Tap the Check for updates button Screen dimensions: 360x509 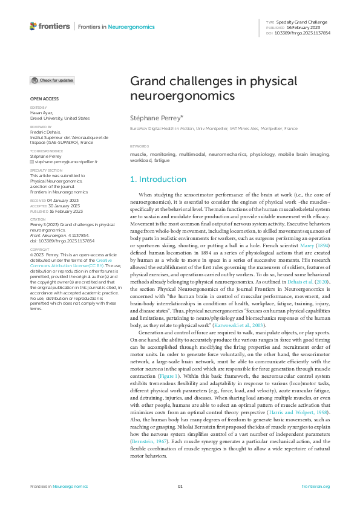click(x=53, y=80)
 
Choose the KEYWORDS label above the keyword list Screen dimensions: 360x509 click(x=140, y=147)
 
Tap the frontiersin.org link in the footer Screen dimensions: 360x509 click(x=315, y=487)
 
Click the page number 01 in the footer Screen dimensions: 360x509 click(x=180, y=487)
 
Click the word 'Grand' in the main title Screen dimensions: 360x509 click(x=149, y=82)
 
